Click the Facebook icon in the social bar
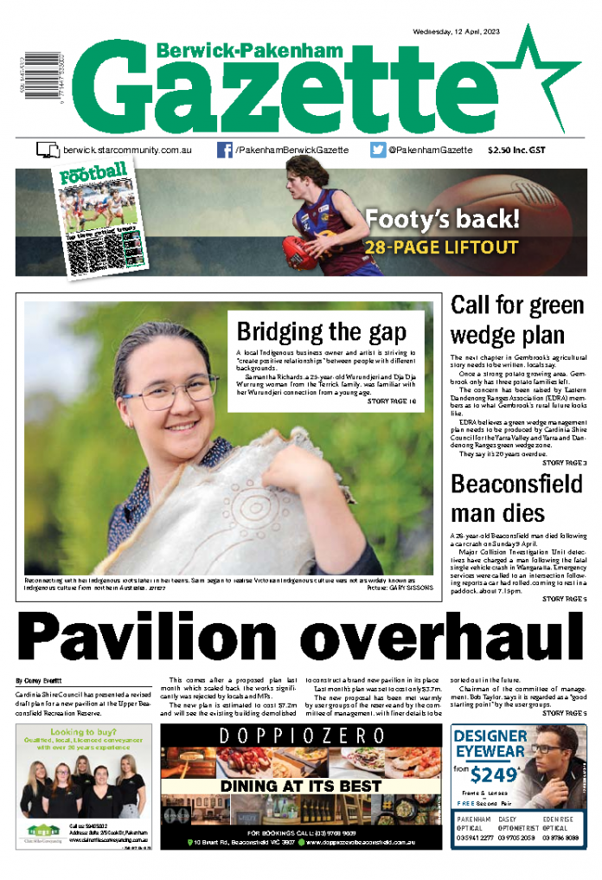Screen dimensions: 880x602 coord(225,150)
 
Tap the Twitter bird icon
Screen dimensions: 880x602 coord(378,150)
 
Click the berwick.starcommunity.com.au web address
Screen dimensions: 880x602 coord(126,151)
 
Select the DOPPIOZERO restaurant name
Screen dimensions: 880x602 coord(302,736)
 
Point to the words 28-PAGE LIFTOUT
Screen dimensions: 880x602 coord(441,248)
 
